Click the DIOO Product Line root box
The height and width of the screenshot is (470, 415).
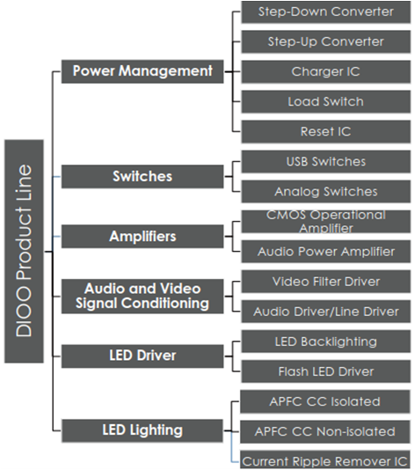[x=24, y=251]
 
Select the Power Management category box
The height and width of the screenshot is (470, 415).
[x=142, y=71]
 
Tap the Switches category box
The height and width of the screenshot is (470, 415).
[x=142, y=176]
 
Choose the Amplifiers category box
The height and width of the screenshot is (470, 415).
[x=142, y=236]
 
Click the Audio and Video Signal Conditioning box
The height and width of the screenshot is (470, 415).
[x=142, y=296]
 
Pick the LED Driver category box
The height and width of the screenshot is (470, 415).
[x=142, y=356]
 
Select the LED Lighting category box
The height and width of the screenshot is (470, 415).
[x=142, y=430]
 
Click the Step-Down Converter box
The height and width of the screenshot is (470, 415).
[x=326, y=12]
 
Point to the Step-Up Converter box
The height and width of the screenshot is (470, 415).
[x=326, y=41]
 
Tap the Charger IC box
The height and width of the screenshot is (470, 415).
[x=326, y=71]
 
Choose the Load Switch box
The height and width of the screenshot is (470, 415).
[x=326, y=101]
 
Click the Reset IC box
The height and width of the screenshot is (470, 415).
[x=326, y=132]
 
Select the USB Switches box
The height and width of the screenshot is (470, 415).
[x=326, y=162]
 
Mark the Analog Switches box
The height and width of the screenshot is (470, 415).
[x=326, y=192]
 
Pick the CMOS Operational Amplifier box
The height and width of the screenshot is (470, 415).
[x=326, y=222]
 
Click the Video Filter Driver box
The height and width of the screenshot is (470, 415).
[x=326, y=282]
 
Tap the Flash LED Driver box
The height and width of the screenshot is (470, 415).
[x=326, y=371]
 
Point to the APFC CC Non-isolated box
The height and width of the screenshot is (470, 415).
[x=324, y=431]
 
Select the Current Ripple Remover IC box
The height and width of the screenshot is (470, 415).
[x=324, y=459]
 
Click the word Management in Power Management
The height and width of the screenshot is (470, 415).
[x=165, y=72]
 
